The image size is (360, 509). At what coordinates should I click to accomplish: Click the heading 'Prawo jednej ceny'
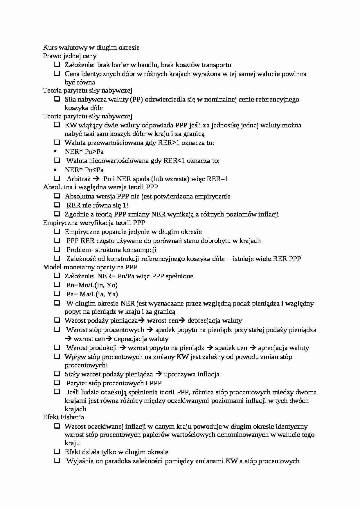point(70,56)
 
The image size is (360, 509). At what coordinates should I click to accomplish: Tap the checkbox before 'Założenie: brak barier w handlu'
point(57,64)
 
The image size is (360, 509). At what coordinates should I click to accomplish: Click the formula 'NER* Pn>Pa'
point(84,151)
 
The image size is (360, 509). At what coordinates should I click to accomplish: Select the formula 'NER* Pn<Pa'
point(84,170)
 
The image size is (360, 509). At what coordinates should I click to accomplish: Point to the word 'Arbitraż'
point(78,179)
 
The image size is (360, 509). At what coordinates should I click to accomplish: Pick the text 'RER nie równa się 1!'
point(98,205)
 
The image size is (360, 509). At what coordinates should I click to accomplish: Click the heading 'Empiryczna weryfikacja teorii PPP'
point(94,223)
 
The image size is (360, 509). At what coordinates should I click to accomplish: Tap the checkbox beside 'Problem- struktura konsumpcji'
point(57,249)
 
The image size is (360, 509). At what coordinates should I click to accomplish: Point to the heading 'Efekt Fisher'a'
point(64,417)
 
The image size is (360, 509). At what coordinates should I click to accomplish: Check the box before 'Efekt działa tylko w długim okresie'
point(57,452)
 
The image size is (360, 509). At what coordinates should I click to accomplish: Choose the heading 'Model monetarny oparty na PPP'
point(90,267)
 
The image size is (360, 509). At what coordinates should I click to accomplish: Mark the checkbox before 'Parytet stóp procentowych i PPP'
point(57,383)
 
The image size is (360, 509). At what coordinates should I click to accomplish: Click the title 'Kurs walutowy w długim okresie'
point(91,47)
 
